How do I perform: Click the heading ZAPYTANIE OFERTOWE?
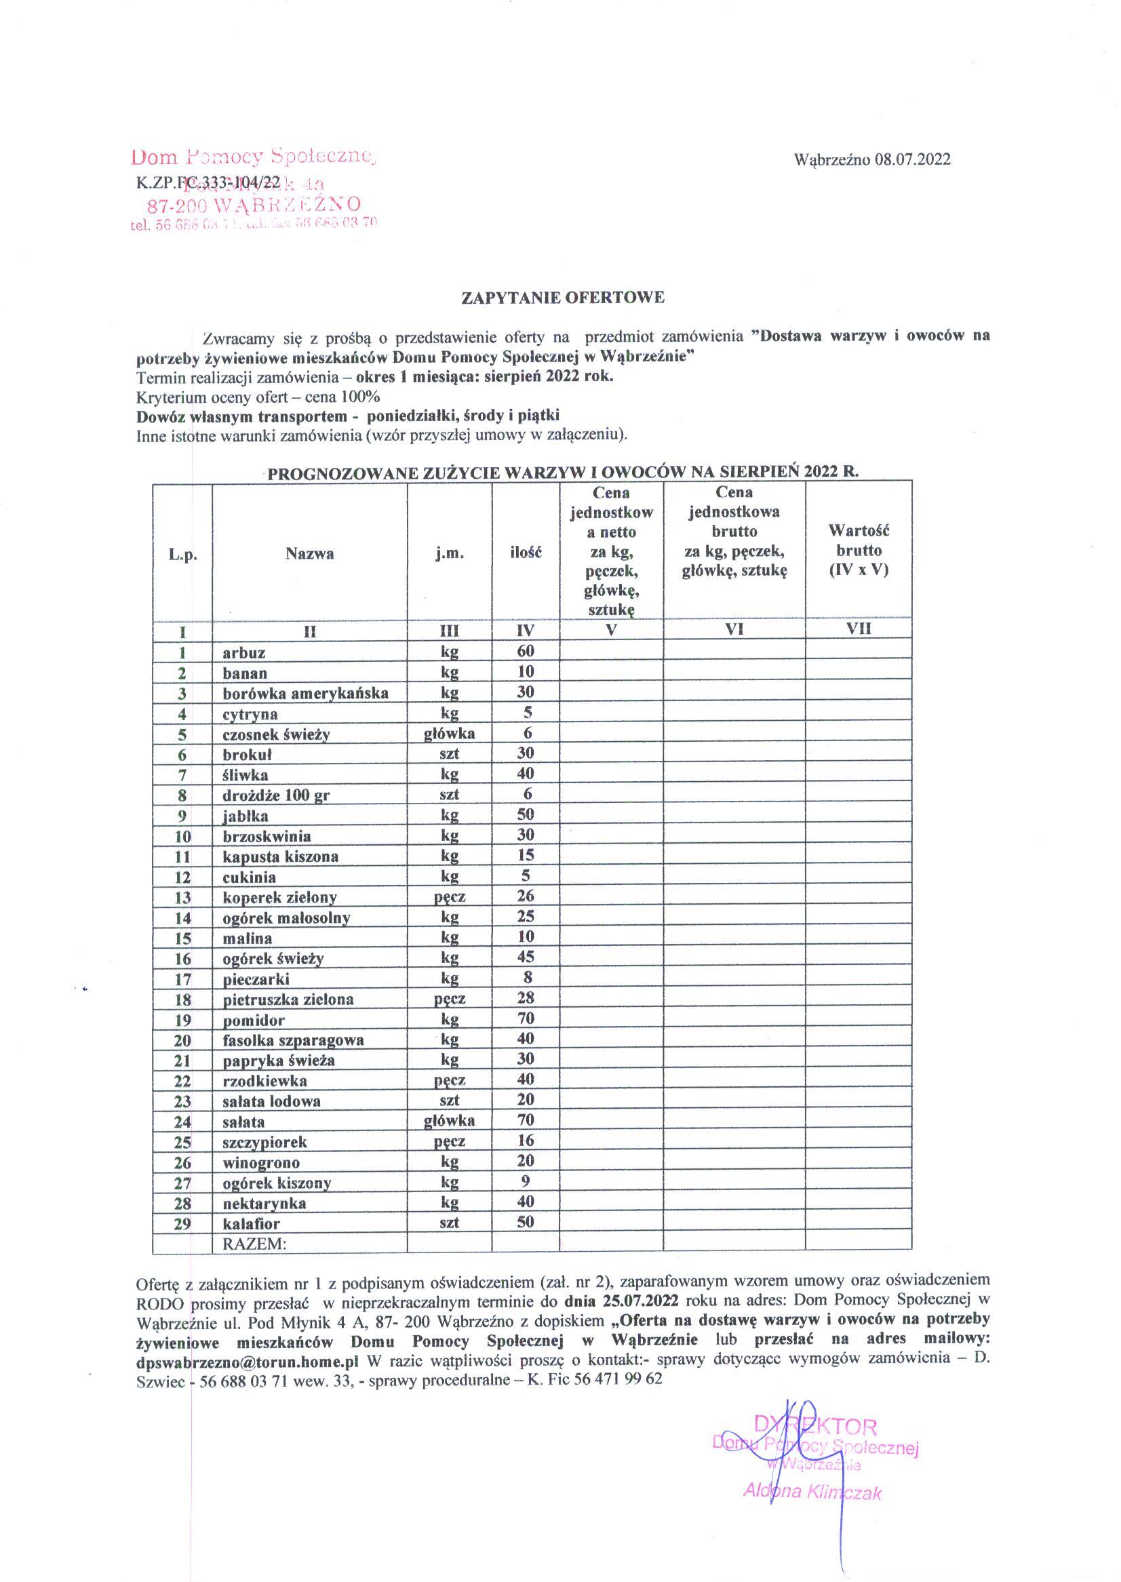[563, 298]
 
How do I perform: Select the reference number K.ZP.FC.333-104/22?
[208, 182]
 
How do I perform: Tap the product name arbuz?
[243, 652]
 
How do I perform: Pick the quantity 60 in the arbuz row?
[526, 651]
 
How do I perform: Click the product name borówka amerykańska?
[305, 693]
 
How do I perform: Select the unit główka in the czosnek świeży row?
[450, 733]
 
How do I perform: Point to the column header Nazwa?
[310, 553]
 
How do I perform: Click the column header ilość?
[526, 553]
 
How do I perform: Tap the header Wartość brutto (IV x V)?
[859, 551]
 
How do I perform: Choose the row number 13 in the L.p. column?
[182, 897]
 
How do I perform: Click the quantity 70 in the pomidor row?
[526, 1018]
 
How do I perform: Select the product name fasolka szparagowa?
[293, 1040]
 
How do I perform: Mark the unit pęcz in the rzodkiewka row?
[450, 1080]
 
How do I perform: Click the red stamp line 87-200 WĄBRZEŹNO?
[254, 205]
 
